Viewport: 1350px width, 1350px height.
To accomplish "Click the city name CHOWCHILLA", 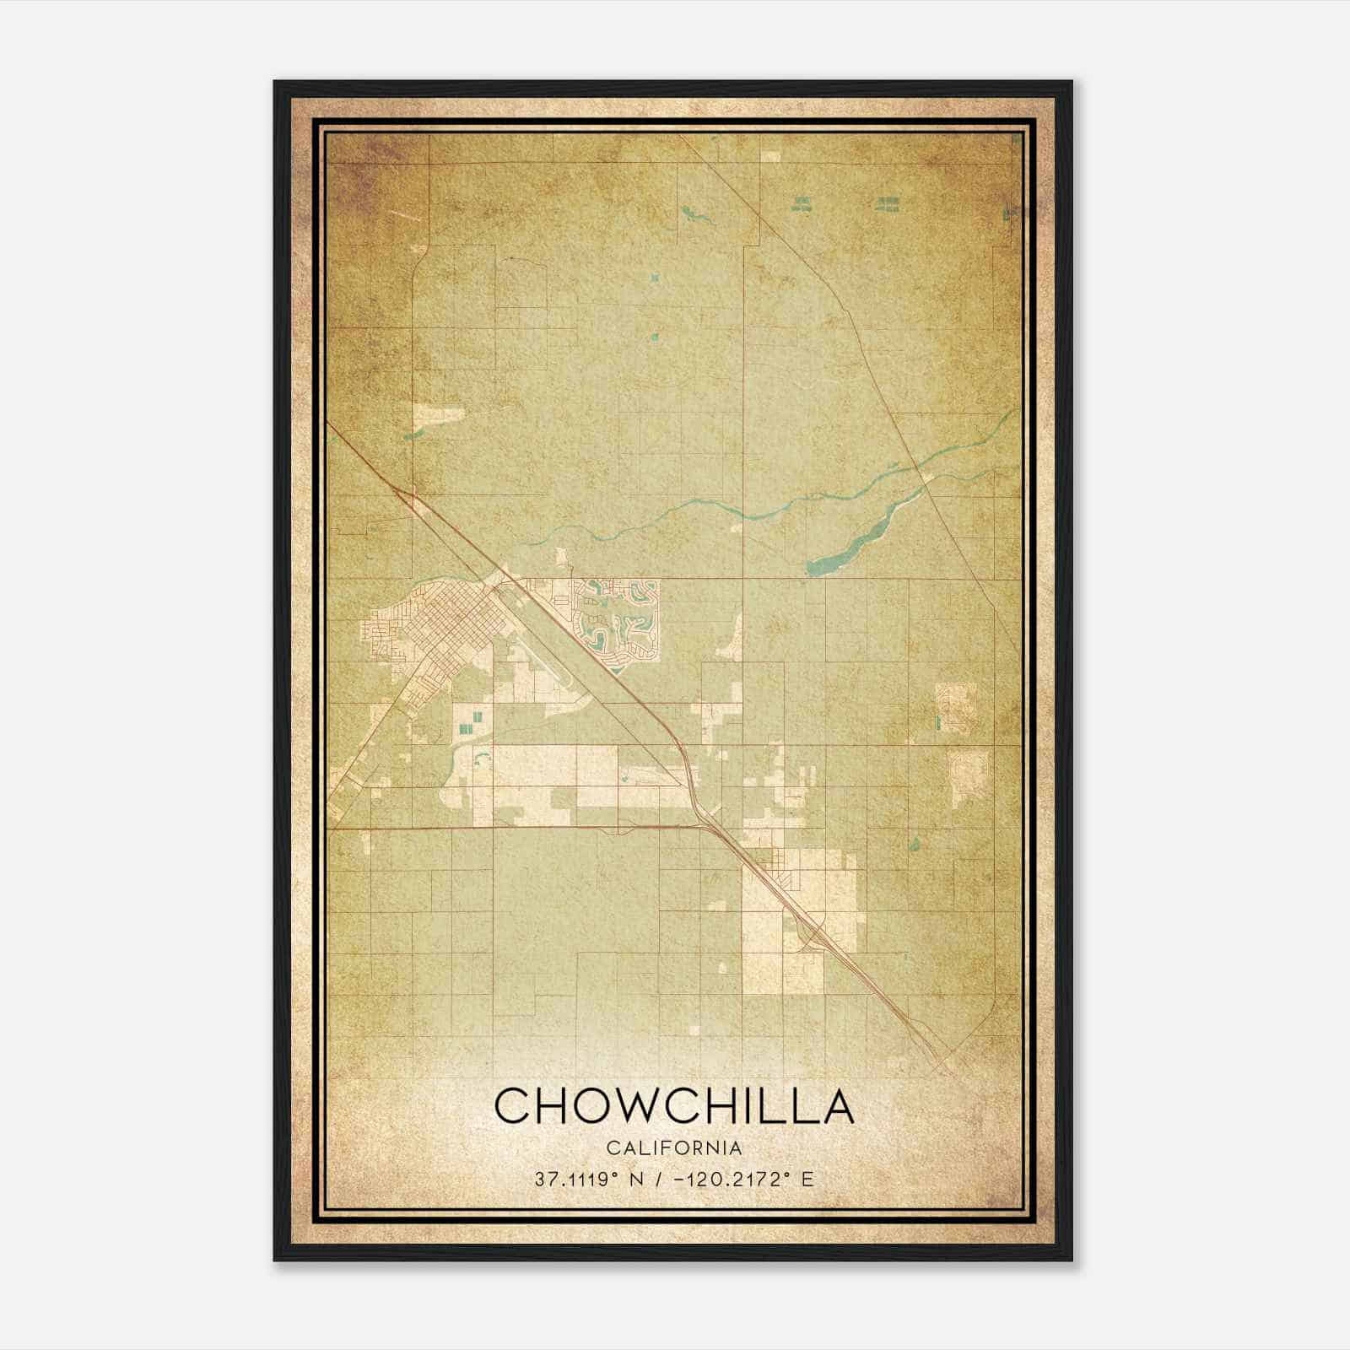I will click(x=673, y=1105).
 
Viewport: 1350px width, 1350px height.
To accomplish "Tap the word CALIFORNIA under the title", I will click(x=673, y=1148).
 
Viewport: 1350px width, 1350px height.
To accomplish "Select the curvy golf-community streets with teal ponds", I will click(x=616, y=624).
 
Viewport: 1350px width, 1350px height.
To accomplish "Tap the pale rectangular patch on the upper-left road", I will click(x=439, y=414).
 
